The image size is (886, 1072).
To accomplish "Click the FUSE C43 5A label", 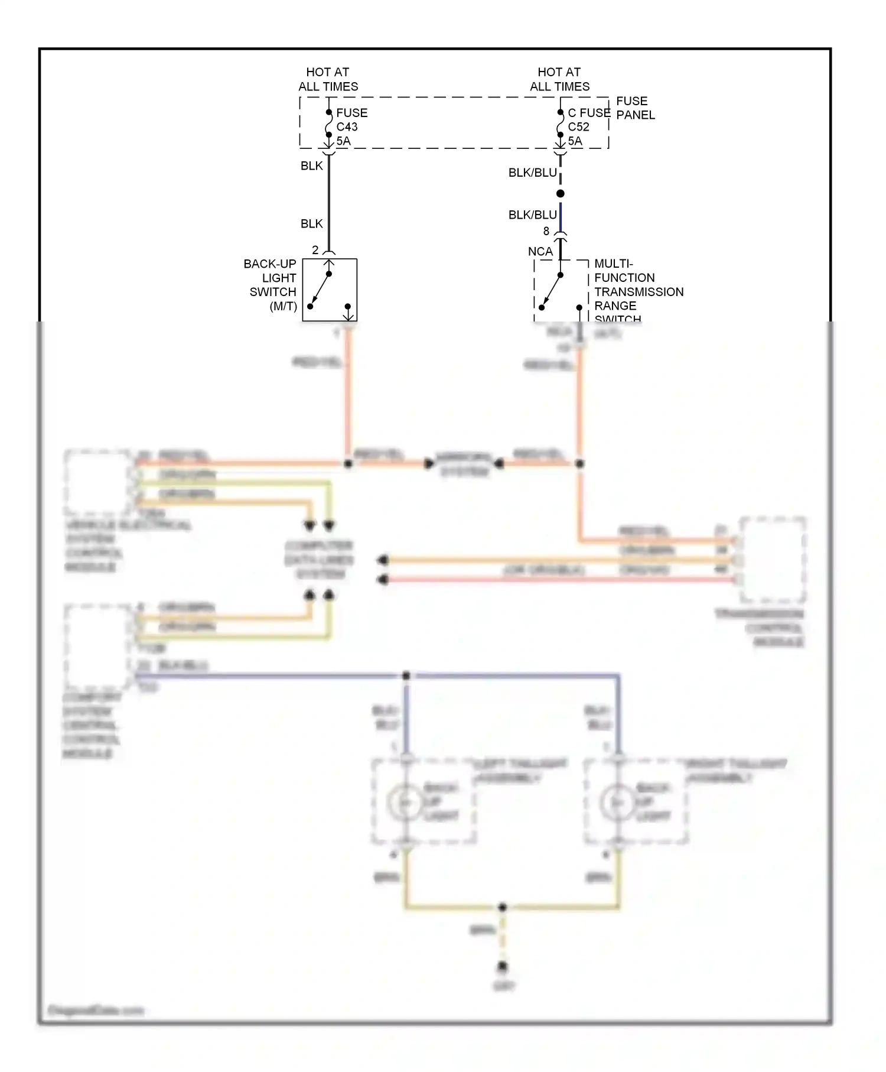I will [351, 126].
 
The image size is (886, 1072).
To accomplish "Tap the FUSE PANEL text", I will [635, 108].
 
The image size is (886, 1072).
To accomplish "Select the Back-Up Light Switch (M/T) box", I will [330, 290].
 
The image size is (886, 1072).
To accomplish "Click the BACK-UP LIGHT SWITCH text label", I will [271, 284].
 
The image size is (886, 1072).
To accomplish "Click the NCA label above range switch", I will [540, 251].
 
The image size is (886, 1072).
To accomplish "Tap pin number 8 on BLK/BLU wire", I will [546, 231].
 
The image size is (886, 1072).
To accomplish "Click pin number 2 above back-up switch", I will [315, 250].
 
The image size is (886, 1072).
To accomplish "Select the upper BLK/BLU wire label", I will [532, 173].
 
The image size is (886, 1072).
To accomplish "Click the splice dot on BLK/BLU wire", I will [561, 193].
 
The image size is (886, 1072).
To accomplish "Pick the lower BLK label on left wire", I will [311, 223].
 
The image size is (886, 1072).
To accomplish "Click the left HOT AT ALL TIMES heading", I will [328, 79].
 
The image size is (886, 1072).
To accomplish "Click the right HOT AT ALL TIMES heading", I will [559, 79].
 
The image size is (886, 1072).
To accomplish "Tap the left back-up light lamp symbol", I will [405, 803].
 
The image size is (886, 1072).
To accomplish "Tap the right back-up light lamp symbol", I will [617, 803].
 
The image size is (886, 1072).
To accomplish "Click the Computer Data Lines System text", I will [319, 559].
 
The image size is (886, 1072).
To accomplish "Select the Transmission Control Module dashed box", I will [773, 559].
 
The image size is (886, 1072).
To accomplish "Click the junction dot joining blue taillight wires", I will [406, 675].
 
